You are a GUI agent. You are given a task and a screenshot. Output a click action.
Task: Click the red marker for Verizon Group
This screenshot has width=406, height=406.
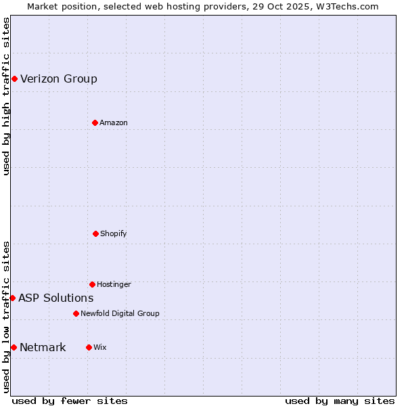pyautogui.click(x=14, y=78)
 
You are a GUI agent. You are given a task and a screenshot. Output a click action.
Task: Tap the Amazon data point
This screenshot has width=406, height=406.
pyautogui.click(x=95, y=122)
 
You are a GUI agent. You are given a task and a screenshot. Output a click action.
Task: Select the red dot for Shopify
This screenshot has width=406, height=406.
pyautogui.click(x=95, y=233)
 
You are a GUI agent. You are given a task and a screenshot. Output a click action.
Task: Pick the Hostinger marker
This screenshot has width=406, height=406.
pyautogui.click(x=92, y=284)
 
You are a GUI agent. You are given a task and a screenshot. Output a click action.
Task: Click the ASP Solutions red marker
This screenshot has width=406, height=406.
pyautogui.click(x=12, y=298)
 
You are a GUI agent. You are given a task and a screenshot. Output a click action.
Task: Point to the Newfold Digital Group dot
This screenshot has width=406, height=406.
pyautogui.click(x=76, y=313)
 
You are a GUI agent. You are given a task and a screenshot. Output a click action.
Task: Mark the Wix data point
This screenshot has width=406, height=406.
pyautogui.click(x=89, y=347)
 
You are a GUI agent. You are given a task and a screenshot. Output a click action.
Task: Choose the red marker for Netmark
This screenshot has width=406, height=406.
pyautogui.click(x=14, y=347)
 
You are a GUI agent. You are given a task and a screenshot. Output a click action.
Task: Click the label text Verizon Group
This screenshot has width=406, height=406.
pyautogui.click(x=59, y=78)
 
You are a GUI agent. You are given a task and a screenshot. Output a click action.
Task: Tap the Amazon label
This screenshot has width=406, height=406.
pyautogui.click(x=114, y=122)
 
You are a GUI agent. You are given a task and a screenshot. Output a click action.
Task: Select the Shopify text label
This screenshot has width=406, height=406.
pyautogui.click(x=114, y=233)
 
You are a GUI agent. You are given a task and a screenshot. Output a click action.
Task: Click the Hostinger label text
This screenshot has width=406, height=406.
pyautogui.click(x=114, y=284)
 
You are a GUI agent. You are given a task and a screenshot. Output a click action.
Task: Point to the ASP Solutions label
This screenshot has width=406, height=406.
pyautogui.click(x=56, y=298)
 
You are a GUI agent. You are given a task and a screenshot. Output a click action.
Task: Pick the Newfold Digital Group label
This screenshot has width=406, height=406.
pyautogui.click(x=120, y=313)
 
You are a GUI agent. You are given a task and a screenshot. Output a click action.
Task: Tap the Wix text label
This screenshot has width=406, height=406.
pyautogui.click(x=100, y=347)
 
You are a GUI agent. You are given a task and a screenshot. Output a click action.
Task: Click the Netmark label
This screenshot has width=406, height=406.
pyautogui.click(x=43, y=347)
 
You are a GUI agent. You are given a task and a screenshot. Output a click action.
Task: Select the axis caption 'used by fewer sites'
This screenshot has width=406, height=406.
pyautogui.click(x=70, y=401)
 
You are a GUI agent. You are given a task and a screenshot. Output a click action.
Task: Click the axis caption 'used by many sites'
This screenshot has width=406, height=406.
pyautogui.click(x=340, y=401)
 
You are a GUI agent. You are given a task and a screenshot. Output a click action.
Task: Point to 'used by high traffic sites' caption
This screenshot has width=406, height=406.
pyautogui.click(x=6, y=96)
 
